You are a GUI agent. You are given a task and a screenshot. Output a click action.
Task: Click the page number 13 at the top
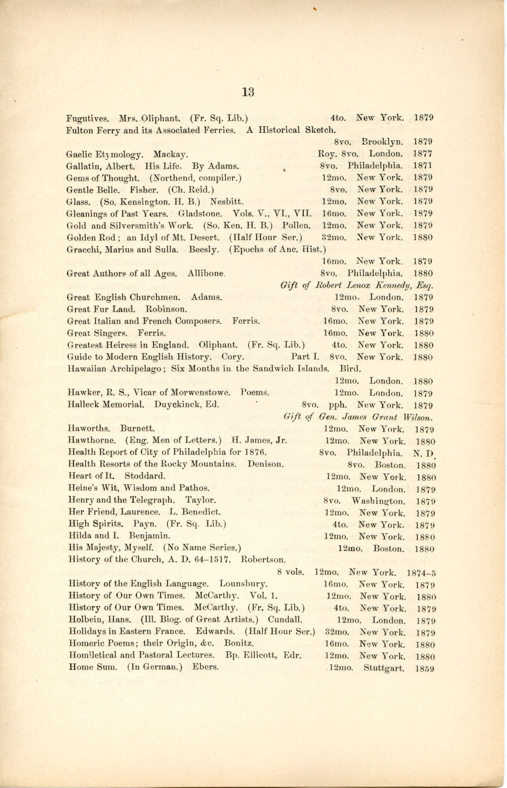pyautogui.click(x=248, y=92)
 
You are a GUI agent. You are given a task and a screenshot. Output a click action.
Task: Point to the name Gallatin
pyautogui.click(x=82, y=166)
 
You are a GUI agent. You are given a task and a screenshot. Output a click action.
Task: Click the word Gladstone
pyautogui.click(x=201, y=213)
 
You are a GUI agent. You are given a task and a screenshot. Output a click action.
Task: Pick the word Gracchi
pyautogui.click(x=81, y=250)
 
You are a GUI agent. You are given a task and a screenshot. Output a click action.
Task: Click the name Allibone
pyautogui.click(x=206, y=274)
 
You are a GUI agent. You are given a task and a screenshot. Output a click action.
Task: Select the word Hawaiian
pyautogui.click(x=89, y=369)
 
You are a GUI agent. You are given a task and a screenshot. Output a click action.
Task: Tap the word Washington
pyautogui.click(x=378, y=502)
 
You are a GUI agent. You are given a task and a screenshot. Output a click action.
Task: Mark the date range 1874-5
pyautogui.click(x=421, y=573)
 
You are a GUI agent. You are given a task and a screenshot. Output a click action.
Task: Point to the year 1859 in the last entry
pyautogui.click(x=425, y=668)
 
